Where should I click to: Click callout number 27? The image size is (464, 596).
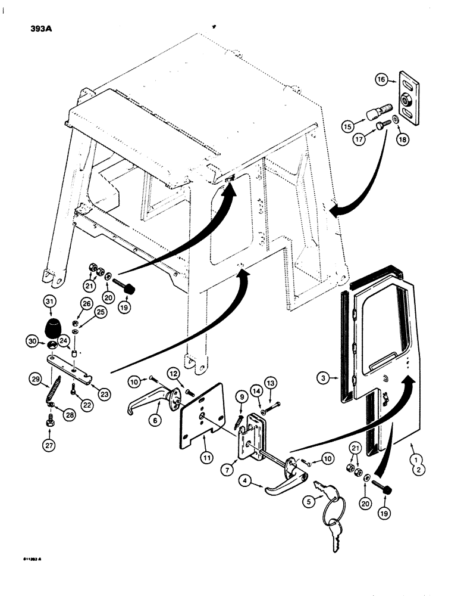click(x=49, y=443)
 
